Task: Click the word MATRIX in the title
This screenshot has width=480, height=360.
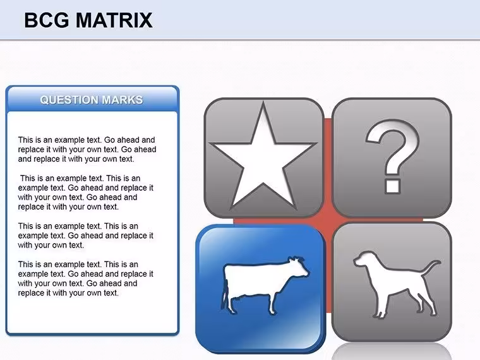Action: (x=114, y=20)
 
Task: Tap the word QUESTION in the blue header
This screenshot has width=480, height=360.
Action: (x=69, y=100)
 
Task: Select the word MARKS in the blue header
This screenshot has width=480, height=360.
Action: (x=122, y=100)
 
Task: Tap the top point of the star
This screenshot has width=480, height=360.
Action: (x=263, y=103)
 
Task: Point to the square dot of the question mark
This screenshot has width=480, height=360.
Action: (x=392, y=186)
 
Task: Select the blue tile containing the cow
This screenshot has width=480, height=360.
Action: (x=260, y=289)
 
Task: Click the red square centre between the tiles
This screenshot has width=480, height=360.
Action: (x=328, y=219)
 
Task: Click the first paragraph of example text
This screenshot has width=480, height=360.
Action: (x=87, y=150)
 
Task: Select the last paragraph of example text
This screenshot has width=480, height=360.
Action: (x=85, y=279)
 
